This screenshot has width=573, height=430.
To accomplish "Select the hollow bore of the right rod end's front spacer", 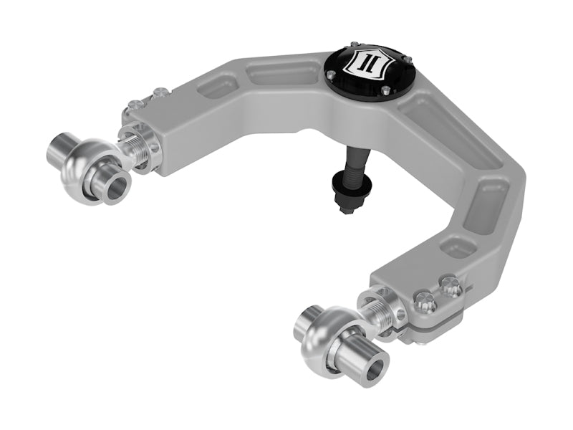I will click(372, 373).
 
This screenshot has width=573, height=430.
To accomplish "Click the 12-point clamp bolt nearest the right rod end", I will click(424, 303).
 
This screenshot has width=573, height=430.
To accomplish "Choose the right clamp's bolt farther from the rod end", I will click(450, 282).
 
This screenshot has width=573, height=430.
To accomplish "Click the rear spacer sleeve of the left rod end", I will click(63, 146).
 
